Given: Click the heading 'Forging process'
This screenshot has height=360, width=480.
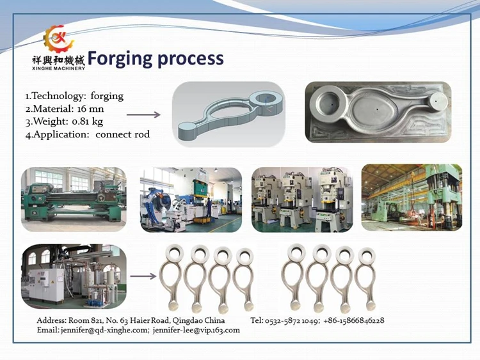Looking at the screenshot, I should click(156, 59).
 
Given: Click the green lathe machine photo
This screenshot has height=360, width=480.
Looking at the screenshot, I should click(74, 199).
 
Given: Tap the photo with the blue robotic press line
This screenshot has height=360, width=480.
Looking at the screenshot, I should click(191, 199).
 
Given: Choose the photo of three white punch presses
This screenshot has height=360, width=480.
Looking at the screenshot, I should click(301, 199).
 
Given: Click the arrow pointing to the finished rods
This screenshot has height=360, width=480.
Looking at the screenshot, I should click(143, 277).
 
